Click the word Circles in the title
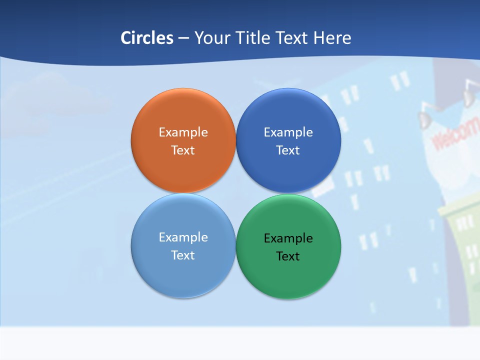146,38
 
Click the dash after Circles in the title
183,38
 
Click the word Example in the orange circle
183,132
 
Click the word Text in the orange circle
183,150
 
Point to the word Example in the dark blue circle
288,132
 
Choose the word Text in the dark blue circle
288,150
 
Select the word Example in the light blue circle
183,237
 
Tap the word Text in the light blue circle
183,255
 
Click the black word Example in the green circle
288,238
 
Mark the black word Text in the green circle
288,256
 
